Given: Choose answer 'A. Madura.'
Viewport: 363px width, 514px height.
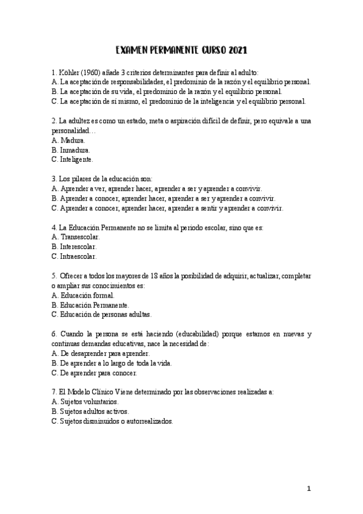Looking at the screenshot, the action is click(68, 140).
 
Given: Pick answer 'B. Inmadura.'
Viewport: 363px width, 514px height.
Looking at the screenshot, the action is click(72, 150).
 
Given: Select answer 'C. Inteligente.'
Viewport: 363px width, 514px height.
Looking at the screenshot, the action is click(73, 159).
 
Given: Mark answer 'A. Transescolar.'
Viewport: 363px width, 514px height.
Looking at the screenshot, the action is click(75, 237).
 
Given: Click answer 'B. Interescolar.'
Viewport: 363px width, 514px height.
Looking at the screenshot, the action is click(75, 247).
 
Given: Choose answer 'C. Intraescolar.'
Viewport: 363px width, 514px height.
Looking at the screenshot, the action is click(74, 256).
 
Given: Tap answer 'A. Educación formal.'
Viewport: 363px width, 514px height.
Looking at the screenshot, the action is click(83, 295).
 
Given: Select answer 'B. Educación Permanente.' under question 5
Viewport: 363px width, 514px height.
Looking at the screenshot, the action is click(90, 305).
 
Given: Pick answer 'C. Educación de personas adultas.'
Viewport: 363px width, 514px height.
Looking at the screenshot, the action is click(102, 315).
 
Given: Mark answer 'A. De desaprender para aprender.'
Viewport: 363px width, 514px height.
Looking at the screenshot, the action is click(101, 353).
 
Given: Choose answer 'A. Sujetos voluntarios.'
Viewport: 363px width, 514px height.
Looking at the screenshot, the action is click(85, 402).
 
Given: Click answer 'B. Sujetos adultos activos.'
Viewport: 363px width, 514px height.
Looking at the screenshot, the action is click(90, 412).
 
